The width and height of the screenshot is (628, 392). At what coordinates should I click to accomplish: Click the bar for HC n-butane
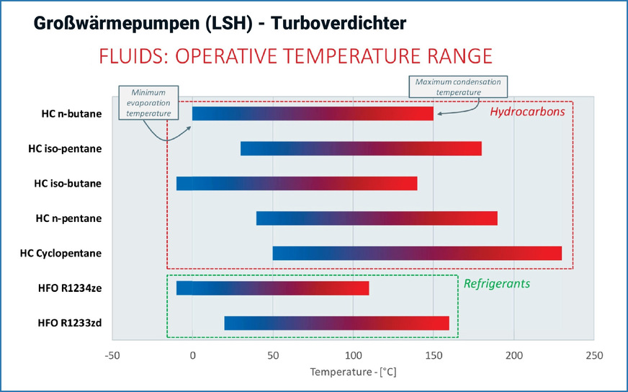[x=313, y=114]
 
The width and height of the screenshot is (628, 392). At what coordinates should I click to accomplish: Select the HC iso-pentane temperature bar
[x=361, y=149]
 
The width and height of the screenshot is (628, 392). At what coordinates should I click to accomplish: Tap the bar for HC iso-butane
[x=297, y=184]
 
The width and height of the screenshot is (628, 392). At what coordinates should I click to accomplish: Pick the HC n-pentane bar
[x=377, y=218]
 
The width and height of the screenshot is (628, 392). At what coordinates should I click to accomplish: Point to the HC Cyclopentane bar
[x=417, y=254]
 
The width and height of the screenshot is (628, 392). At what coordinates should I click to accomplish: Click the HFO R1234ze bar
[x=272, y=288]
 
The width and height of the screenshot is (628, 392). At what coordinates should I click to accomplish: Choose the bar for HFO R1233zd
[x=336, y=323]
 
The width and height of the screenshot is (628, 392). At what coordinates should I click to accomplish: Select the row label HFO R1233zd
[x=70, y=323]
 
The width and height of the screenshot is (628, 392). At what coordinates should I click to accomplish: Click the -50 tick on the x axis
[x=112, y=355]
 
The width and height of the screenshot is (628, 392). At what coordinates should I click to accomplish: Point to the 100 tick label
[x=353, y=355]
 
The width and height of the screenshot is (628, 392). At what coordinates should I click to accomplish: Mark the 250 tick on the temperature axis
[x=594, y=355]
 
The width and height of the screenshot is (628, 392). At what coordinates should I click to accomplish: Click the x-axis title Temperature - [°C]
[x=353, y=373]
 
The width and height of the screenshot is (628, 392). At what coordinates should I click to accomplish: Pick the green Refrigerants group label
[x=497, y=284]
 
